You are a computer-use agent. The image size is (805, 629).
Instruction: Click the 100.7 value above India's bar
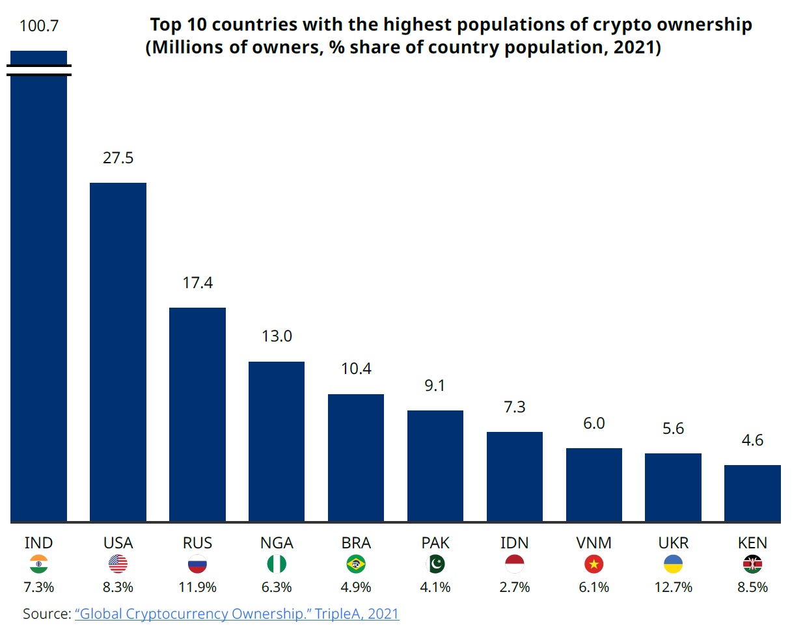coord(39,26)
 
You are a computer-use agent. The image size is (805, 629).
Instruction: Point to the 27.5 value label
coord(118,158)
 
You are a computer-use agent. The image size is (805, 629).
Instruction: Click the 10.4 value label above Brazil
coord(356,369)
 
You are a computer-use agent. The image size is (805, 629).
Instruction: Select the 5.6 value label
coord(673,429)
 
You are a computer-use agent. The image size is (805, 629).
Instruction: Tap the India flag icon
coord(39,564)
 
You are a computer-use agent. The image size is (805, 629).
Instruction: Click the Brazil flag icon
coord(356,564)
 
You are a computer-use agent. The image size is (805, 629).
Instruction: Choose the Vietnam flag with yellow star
coord(594,564)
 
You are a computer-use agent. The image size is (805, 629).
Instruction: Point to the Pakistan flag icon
coord(435,564)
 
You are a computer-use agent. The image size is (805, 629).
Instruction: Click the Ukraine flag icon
coord(673,564)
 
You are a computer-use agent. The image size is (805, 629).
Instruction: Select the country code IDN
coord(514,543)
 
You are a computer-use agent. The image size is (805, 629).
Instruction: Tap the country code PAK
coord(435,543)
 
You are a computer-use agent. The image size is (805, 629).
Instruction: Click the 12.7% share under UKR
coord(673,587)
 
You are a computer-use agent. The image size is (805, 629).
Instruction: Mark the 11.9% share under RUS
coord(197,587)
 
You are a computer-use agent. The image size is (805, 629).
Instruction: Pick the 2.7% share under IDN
coord(514,587)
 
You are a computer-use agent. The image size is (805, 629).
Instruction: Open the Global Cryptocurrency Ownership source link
coord(237,613)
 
